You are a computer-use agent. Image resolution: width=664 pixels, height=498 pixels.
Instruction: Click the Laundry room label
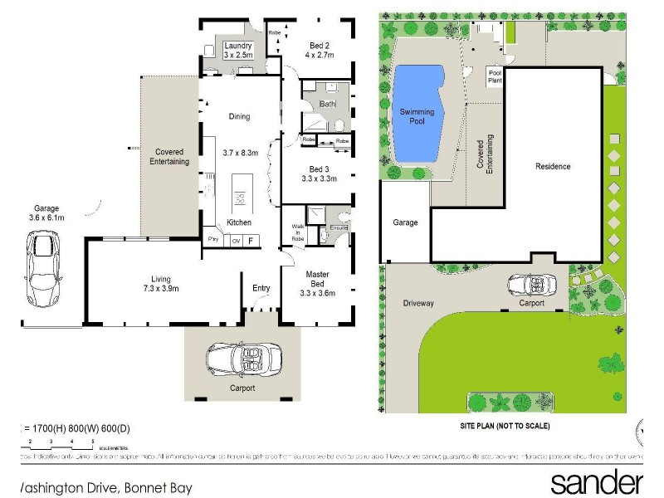tap(238, 45)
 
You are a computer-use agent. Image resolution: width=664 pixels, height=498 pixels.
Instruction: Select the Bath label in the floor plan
tap(326, 104)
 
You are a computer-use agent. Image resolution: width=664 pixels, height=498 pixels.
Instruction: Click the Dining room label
tap(239, 117)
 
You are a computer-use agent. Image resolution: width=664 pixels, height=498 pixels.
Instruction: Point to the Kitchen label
tap(239, 222)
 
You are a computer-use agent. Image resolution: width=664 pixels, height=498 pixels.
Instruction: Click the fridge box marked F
tap(251, 241)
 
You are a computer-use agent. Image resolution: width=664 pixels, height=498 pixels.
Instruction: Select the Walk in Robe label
tap(299, 230)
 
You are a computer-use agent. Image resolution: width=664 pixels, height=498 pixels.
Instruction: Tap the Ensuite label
tap(338, 227)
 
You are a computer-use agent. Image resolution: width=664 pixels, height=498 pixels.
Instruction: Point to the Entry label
tap(261, 288)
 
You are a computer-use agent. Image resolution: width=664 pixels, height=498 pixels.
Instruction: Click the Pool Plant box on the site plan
tap(494, 76)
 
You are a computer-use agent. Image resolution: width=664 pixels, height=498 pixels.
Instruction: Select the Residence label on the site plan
tap(553, 166)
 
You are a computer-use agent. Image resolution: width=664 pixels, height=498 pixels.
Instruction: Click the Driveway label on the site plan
tap(418, 303)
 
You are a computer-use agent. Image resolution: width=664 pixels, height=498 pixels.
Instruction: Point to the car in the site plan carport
tap(530, 285)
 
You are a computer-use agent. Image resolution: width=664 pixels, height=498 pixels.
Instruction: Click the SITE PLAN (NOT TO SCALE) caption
tap(505, 426)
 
